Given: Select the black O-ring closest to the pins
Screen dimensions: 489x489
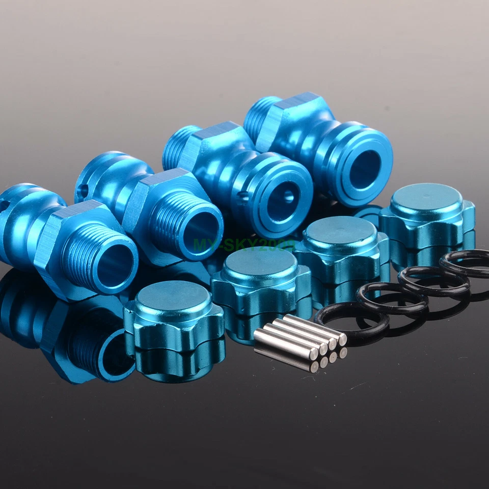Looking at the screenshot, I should [x=351, y=318].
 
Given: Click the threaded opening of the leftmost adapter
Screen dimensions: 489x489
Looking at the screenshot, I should [x=115, y=265].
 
